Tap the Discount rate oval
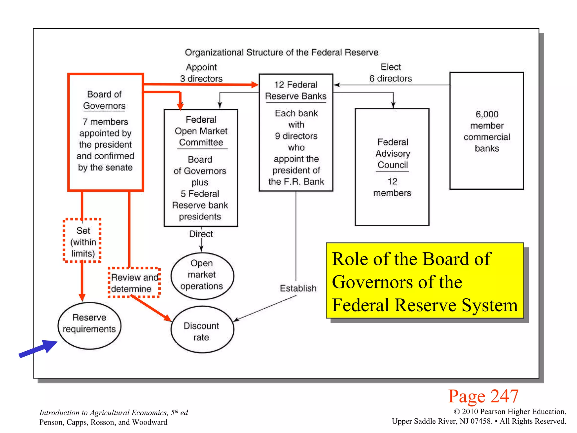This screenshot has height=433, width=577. (x=202, y=330)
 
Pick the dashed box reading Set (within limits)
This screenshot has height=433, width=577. (x=82, y=241)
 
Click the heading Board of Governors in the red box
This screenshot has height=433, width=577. (x=105, y=100)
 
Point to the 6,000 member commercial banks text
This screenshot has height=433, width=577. (x=487, y=131)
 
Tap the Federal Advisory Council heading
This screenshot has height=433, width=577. (x=392, y=153)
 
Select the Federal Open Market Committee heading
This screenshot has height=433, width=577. (x=201, y=131)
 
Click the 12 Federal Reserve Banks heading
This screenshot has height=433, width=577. (x=296, y=90)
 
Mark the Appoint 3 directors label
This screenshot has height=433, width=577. (x=201, y=73)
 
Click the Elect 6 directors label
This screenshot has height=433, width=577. (x=390, y=73)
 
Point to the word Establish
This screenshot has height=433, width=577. (x=298, y=288)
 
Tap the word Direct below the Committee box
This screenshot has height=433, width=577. (x=201, y=234)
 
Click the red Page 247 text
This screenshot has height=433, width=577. (x=483, y=396)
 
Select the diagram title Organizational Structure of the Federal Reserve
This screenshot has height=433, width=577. (x=281, y=52)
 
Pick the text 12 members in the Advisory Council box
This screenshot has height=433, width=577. (x=392, y=187)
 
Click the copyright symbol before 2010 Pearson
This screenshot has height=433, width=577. (x=457, y=412)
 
